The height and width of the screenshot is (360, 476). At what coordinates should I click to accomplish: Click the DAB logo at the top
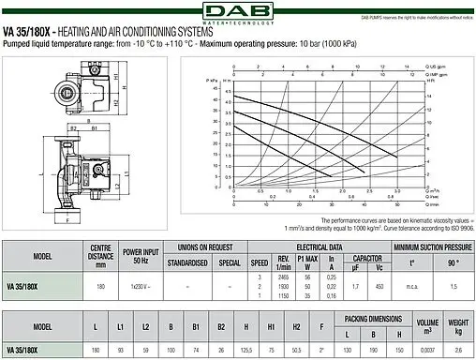point(238,12)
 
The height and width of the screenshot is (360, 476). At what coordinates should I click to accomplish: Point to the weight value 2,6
point(458,349)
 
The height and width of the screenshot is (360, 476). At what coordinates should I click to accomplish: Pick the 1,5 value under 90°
point(454,285)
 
